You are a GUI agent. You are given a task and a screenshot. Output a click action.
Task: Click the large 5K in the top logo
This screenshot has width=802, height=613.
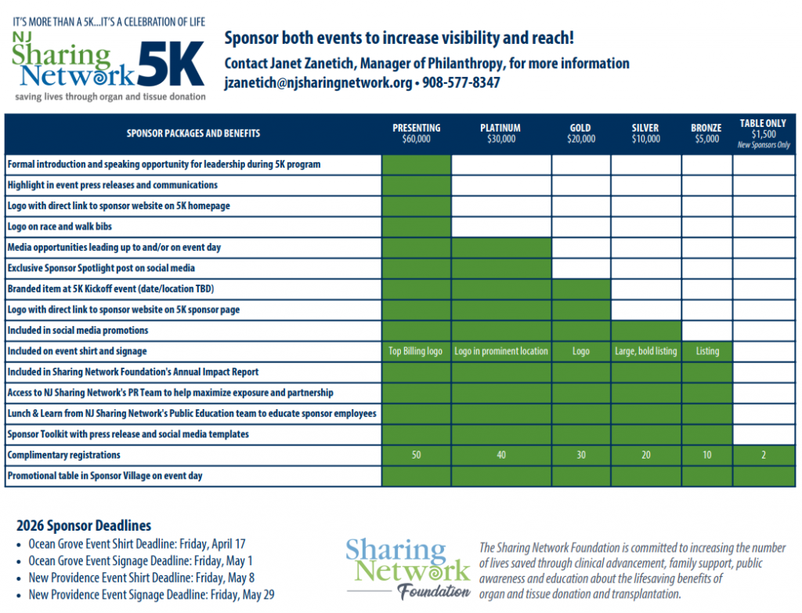(171, 63)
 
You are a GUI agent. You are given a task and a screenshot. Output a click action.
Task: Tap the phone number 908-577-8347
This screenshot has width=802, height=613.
(461, 82)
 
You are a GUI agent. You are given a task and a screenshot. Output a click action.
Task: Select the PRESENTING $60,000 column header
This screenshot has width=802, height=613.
(416, 133)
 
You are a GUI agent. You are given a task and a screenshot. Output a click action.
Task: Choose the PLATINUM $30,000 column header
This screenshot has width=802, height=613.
(500, 133)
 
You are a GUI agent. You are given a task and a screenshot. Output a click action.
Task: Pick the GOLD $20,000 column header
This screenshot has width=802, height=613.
(580, 133)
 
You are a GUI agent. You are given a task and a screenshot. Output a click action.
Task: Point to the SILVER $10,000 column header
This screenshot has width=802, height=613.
(645, 133)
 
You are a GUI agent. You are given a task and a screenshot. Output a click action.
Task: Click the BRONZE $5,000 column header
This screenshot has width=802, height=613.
(706, 133)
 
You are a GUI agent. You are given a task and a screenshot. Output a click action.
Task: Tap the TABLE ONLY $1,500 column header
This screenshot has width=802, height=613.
(764, 133)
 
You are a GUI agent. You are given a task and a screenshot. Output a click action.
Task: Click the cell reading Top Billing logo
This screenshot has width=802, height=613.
(416, 351)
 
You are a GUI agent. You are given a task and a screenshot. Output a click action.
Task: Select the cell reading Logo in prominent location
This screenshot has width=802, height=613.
(501, 351)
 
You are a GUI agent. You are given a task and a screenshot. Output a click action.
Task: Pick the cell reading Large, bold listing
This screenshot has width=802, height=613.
(645, 351)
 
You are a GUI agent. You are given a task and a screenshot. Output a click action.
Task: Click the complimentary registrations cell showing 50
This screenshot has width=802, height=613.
(416, 455)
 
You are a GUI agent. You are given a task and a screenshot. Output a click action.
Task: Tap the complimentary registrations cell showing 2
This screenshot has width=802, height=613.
(764, 455)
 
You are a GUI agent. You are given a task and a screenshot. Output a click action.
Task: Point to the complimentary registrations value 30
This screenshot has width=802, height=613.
(580, 455)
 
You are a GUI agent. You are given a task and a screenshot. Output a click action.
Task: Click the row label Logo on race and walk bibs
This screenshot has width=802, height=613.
(60, 227)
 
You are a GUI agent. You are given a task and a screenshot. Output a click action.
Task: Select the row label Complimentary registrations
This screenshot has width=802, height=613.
(64, 455)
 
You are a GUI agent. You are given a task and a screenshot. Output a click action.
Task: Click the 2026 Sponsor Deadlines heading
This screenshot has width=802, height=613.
(84, 525)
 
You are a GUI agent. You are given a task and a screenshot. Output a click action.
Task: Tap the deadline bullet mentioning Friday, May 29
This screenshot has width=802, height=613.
(151, 595)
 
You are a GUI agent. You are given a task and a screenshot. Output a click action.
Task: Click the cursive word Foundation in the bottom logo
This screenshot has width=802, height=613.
(435, 593)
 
